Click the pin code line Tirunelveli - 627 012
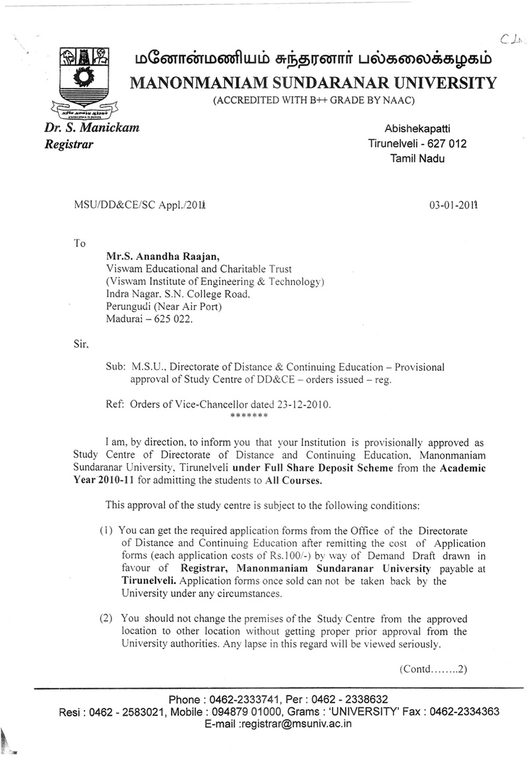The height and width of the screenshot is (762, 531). tap(417, 144)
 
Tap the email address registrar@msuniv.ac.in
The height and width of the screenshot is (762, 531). tap(296, 723)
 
